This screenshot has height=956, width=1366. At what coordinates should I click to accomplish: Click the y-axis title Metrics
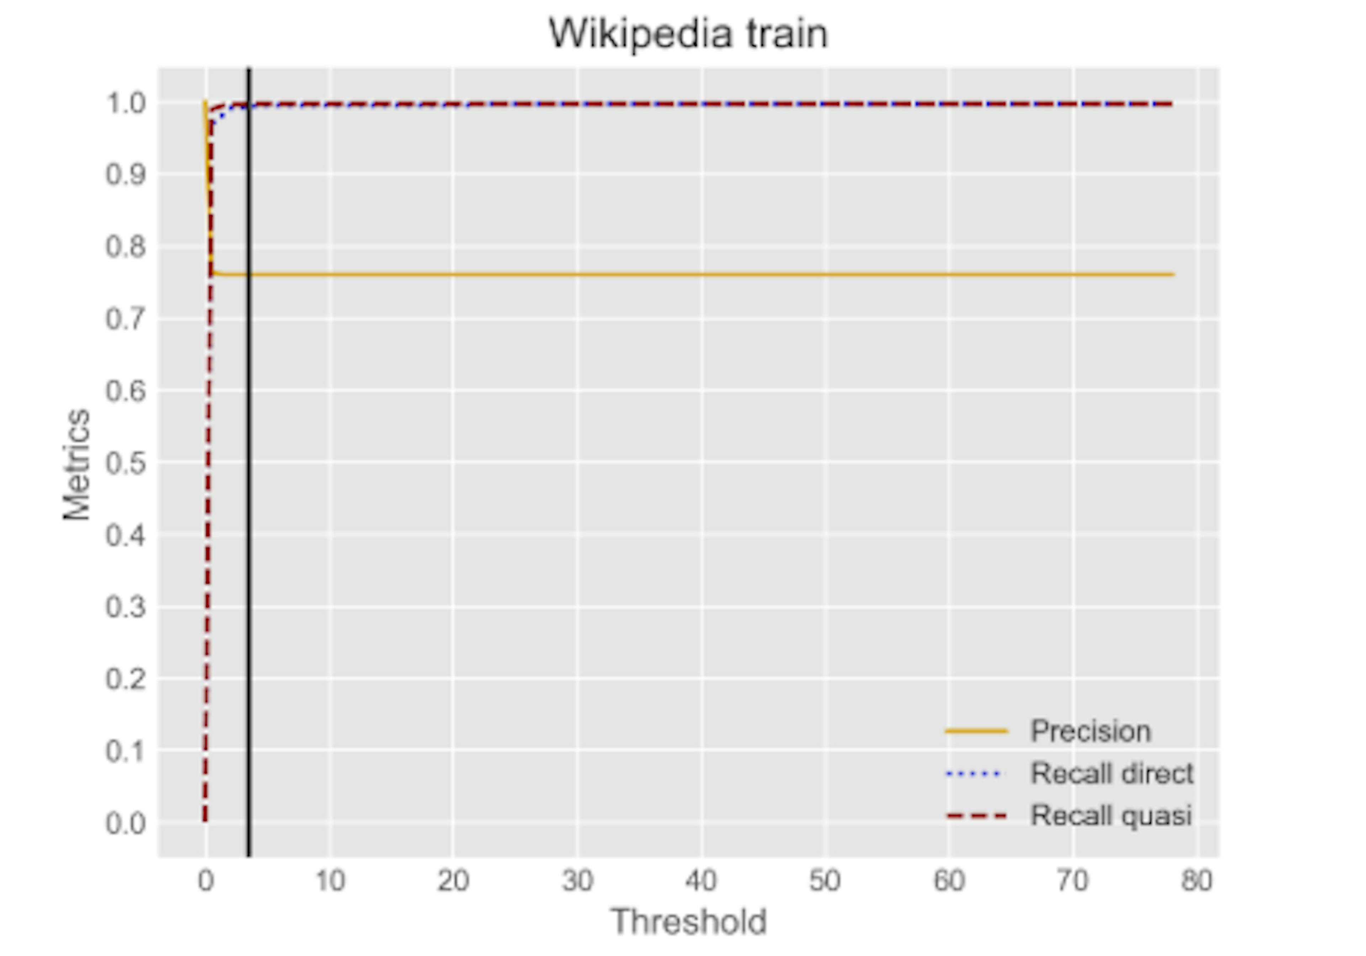tap(77, 464)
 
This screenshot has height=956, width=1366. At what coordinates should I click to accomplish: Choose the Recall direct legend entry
tap(1111, 773)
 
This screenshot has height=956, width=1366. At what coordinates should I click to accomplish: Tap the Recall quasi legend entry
tap(1110, 815)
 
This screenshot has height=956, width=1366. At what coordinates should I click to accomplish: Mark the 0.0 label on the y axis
tap(126, 823)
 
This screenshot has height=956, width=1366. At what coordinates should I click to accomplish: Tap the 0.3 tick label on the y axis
tap(126, 607)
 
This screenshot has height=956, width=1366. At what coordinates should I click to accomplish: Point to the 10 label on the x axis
tap(330, 881)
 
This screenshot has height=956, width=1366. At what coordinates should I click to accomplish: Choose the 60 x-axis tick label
tap(949, 881)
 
